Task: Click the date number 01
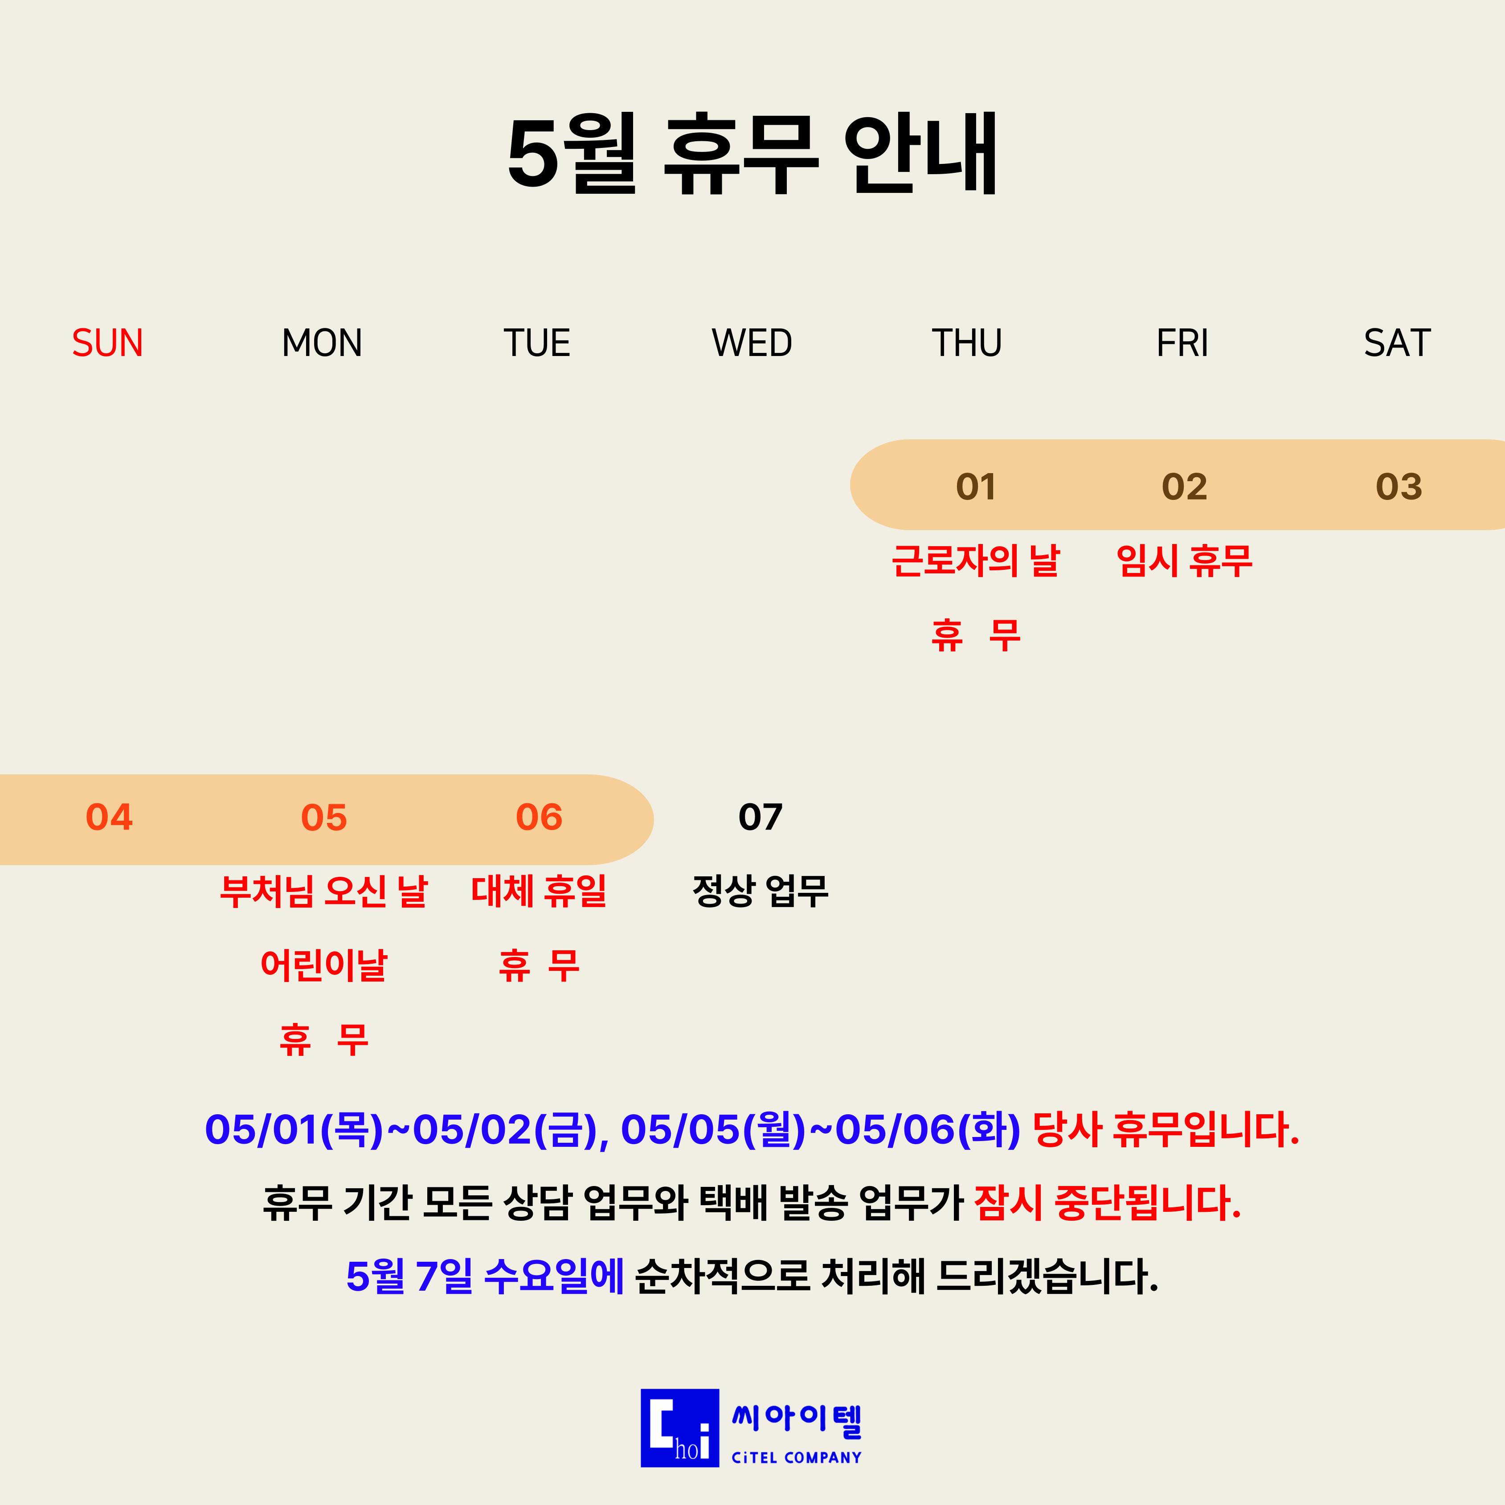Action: [975, 487]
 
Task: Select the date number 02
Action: [1184, 487]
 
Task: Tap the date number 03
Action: [1399, 487]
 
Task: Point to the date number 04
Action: [109, 817]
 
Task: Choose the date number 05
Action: [324, 817]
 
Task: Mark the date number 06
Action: [539, 817]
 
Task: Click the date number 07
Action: [760, 817]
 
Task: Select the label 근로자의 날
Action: [975, 561]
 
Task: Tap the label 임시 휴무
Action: [1184, 561]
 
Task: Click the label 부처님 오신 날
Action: [324, 891]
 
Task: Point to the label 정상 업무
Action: [760, 891]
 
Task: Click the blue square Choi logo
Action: [680, 1428]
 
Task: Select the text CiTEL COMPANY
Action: [796, 1457]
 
